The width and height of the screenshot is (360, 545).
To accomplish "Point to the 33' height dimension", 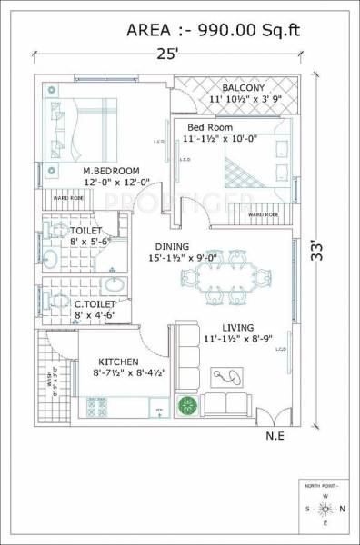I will [x=317, y=246].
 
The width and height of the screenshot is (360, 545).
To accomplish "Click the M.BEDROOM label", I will [x=111, y=171].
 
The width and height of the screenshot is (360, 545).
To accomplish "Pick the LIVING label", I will [x=227, y=327].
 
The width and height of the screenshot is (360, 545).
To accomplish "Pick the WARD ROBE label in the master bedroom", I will [x=70, y=197].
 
